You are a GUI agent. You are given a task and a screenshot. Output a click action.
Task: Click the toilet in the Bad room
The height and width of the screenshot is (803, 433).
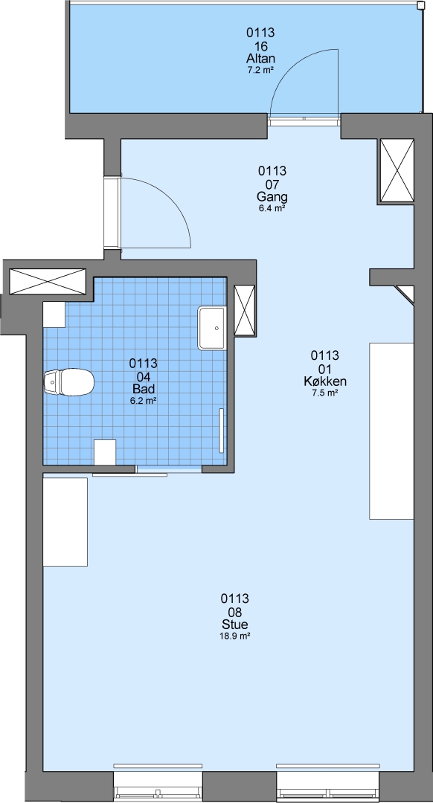[69, 382]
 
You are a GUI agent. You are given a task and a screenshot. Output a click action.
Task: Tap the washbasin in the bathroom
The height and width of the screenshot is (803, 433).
[212, 329]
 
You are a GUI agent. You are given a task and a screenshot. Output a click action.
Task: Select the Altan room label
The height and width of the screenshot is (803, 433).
[261, 59]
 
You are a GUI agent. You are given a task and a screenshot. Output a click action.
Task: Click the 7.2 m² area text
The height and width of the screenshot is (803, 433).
[261, 71]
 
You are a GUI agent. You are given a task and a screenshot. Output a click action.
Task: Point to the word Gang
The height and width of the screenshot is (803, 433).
[272, 197]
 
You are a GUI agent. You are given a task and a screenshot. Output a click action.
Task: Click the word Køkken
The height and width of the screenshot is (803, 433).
[325, 381]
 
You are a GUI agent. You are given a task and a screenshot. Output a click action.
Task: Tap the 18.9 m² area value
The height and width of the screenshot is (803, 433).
[235, 636]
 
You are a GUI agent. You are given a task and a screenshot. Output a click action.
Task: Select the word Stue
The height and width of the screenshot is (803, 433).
[235, 625]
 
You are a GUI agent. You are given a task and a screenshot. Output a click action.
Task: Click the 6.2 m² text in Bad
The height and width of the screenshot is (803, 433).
[143, 401]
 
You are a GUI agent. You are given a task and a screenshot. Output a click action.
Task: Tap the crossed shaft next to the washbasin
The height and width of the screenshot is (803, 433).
[245, 310]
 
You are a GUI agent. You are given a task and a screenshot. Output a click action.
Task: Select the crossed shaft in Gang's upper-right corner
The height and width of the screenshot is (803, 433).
[397, 171]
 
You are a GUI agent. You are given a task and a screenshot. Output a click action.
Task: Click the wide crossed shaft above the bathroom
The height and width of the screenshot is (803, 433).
[48, 282]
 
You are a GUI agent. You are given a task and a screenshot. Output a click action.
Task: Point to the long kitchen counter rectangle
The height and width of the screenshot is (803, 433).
[391, 431]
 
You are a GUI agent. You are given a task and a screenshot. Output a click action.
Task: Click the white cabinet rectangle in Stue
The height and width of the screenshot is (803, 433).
[65, 522]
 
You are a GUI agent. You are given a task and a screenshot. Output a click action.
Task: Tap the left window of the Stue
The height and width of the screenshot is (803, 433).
[158, 782]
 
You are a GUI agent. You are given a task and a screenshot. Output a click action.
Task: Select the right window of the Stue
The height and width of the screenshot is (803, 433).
[328, 782]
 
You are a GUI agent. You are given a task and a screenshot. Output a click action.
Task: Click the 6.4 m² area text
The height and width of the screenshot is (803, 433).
[272, 208]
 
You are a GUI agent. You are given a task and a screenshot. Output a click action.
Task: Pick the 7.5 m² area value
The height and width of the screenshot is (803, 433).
[325, 393]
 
